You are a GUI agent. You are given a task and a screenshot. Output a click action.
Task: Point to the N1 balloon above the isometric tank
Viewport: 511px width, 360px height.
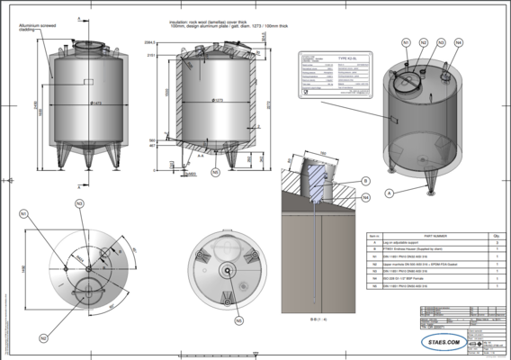click(407, 42)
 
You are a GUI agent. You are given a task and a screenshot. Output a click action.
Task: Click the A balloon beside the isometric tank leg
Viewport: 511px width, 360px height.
click(389, 193)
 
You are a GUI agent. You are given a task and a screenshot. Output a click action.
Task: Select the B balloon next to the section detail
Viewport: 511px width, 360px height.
click(367, 181)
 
